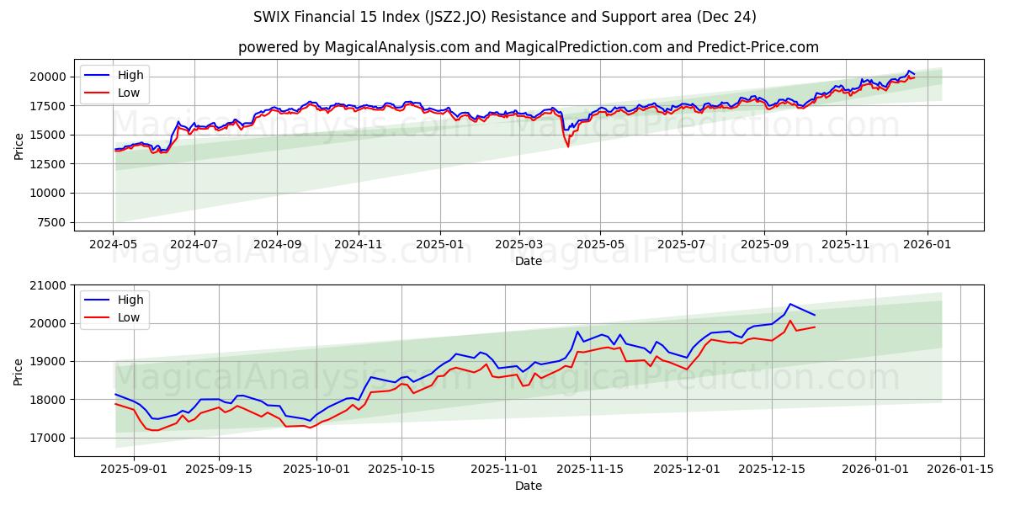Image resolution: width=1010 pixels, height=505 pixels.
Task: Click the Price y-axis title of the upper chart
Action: click(x=19, y=146)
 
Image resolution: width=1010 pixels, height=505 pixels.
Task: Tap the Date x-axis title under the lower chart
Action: click(x=528, y=486)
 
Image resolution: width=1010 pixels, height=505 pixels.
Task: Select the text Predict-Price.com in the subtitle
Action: click(x=759, y=47)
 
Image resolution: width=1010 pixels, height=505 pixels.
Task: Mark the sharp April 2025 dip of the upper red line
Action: click(x=567, y=146)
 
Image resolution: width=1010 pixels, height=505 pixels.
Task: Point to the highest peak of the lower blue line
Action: click(x=789, y=304)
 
